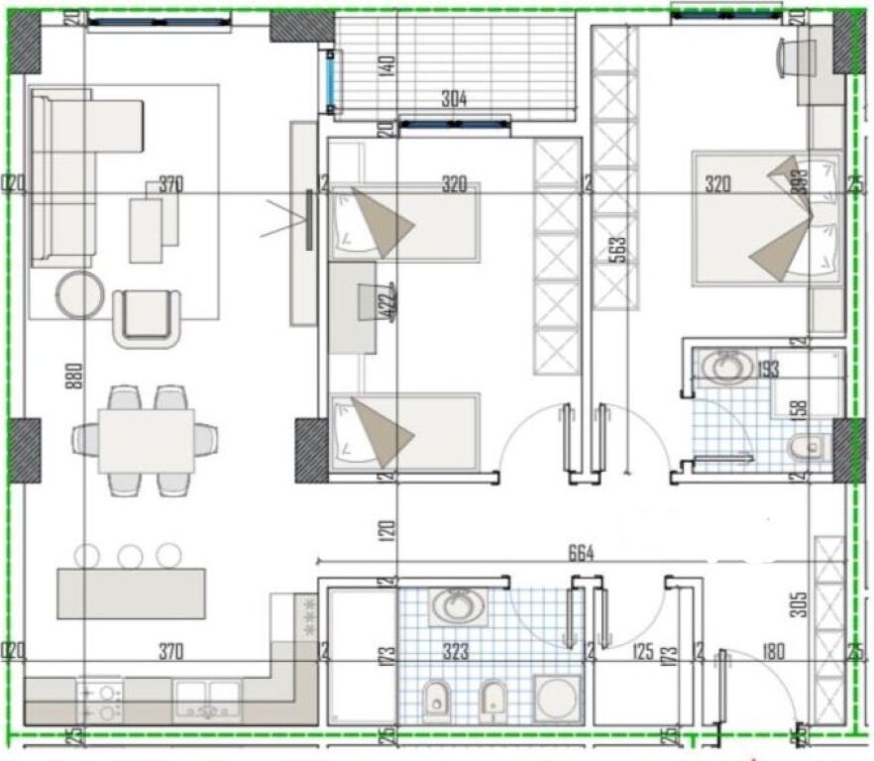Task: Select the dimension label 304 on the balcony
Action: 454,99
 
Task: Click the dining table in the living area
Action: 146,440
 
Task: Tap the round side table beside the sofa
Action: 79,294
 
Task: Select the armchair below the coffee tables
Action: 147,316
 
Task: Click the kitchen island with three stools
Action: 131,593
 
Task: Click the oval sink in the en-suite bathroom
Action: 725,368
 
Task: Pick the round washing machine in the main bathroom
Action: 555,698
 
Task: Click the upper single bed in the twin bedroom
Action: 404,222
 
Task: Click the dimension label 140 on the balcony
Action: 387,66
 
